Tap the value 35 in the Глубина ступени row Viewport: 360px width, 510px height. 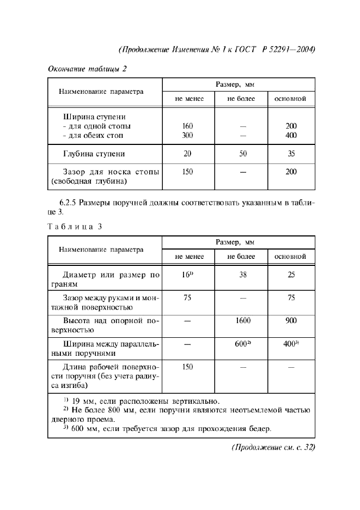pos(291,154)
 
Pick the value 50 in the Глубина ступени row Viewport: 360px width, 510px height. pos(242,154)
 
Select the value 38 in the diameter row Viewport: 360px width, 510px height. pos(242,275)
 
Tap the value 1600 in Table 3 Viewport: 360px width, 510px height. pos(242,321)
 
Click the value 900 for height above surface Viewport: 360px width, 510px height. pos(291,321)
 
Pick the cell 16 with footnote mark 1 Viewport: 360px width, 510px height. pos(188,275)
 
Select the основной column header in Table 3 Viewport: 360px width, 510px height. pos(291,256)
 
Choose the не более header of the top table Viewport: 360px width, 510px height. pos(242,99)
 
